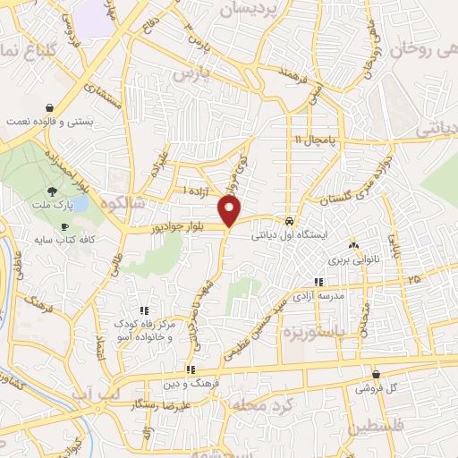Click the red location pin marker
[231, 211]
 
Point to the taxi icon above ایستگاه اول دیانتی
[289, 220]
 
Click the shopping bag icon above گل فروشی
[376, 375]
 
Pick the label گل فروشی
[376, 388]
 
